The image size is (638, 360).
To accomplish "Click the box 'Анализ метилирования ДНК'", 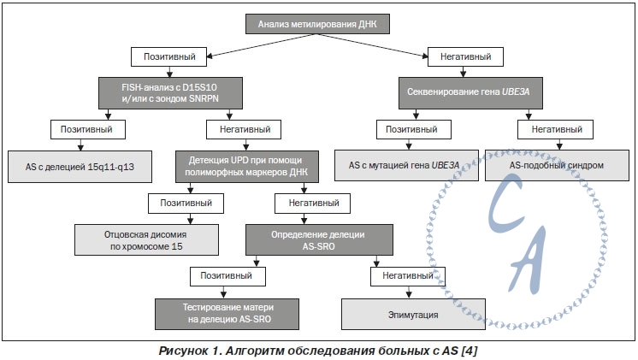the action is pyautogui.click(x=317, y=24).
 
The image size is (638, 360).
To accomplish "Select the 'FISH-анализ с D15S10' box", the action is pyautogui.click(x=170, y=92).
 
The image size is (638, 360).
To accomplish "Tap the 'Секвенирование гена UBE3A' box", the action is pyautogui.click(x=470, y=92).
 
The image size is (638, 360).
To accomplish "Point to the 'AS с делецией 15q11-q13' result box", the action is pyautogui.click(x=80, y=167).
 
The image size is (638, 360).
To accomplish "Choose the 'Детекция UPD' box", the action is pyautogui.click(x=247, y=167).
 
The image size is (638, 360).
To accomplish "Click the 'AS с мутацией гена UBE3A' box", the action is pyautogui.click(x=406, y=165).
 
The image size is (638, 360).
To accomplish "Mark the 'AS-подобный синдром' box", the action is pyautogui.click(x=557, y=165).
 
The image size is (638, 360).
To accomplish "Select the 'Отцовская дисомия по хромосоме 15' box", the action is pyautogui.click(x=146, y=240).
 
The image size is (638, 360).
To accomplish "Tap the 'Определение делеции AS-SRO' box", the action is pyautogui.click(x=319, y=240).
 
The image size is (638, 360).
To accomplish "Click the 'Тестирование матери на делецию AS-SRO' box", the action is pyautogui.click(x=227, y=314).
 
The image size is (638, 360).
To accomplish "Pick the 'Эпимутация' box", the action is pyautogui.click(x=413, y=314).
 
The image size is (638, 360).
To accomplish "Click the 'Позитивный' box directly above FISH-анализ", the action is pyautogui.click(x=168, y=56).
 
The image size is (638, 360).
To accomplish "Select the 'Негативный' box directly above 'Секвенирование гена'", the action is pyautogui.click(x=465, y=56).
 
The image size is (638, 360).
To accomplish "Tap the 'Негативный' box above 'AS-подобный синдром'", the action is pyautogui.click(x=555, y=129).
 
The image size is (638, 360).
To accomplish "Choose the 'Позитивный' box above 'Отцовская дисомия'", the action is pyautogui.click(x=186, y=203).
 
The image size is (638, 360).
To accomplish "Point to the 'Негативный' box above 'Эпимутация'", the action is pyautogui.click(x=408, y=276).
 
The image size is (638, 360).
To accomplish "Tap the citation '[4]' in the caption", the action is pyautogui.click(x=470, y=351).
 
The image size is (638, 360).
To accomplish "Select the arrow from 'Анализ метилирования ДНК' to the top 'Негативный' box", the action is pyautogui.click(x=373, y=44).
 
